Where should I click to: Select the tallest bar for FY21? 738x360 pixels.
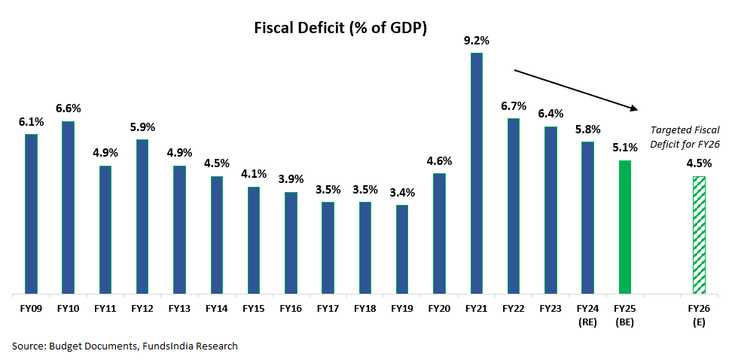[x=476, y=173]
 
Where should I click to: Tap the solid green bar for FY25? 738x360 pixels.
[x=624, y=227]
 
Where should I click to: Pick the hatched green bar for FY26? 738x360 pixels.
[x=698, y=235]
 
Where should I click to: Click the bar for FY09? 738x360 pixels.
[x=31, y=214]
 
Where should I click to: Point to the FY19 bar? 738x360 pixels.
[x=401, y=249]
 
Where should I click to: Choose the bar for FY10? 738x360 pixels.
[x=68, y=207]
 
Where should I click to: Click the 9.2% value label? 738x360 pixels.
[x=476, y=41]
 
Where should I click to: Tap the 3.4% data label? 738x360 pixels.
[x=401, y=194]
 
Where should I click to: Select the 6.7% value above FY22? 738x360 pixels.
[x=513, y=105]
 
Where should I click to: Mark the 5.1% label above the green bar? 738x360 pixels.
[x=624, y=148]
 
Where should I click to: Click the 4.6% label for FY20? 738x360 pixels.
[x=438, y=161]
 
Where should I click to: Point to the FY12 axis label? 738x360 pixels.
[x=142, y=308]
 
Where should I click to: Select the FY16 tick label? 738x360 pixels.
[x=290, y=308]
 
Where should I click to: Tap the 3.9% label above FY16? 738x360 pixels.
[x=290, y=179]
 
